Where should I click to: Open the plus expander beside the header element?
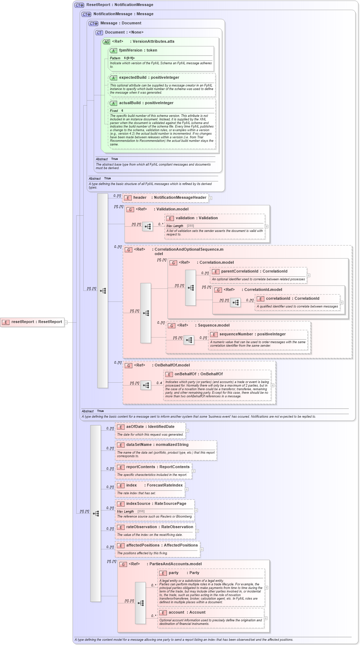click(210, 198)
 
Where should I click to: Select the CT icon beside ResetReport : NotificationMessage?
click(79, 5)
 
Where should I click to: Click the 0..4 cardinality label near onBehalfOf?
click(159, 383)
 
